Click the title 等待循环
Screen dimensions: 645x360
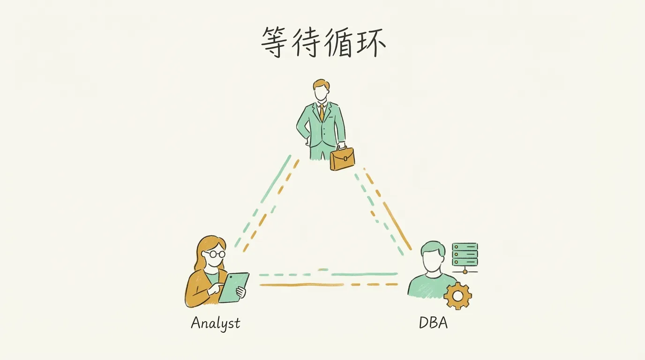[323, 42]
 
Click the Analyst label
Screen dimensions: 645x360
[216, 323]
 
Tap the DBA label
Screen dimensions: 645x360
[433, 323]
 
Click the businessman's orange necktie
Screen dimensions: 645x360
[322, 112]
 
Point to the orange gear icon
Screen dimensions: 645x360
[457, 296]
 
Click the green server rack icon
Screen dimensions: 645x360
[465, 255]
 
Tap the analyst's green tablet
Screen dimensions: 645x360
[233, 287]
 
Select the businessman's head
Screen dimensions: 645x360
[321, 91]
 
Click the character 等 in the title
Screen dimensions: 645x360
[275, 42]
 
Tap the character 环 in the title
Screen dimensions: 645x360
[371, 42]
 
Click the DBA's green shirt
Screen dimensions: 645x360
[424, 286]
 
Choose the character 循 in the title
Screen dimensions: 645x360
[338, 42]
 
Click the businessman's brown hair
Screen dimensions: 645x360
[321, 84]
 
